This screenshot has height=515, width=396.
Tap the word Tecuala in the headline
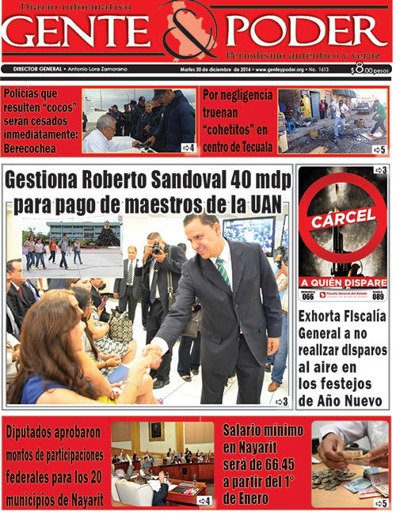(249, 146)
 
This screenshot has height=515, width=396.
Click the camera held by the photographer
(157, 248)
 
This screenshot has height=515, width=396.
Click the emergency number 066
(308, 297)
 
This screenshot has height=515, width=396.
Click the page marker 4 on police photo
(188, 147)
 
